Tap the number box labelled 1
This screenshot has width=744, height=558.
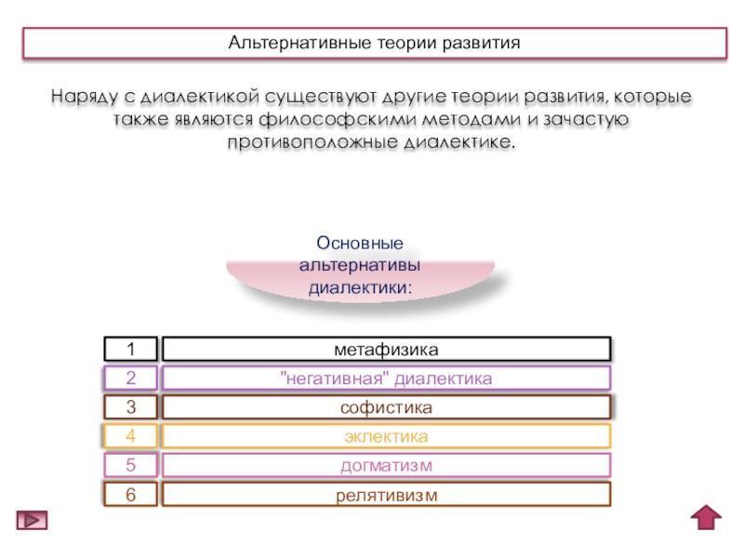click(130, 350)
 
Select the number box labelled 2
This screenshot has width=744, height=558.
click(130, 379)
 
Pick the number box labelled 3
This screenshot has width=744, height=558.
click(130, 407)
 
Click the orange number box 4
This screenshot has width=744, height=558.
click(130, 436)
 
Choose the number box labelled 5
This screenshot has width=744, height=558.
click(130, 465)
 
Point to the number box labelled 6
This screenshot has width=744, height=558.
click(130, 495)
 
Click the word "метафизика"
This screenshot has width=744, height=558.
click(386, 350)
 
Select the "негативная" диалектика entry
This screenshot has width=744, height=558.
click(386, 379)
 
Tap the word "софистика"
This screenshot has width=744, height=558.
click(386, 407)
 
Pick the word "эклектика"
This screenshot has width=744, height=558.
click(386, 436)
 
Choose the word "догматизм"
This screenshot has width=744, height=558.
click(386, 465)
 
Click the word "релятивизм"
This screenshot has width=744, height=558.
click(386, 495)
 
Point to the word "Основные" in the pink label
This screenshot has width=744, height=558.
click(360, 244)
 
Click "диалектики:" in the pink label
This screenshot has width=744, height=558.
click(360, 288)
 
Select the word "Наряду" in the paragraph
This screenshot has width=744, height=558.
click(81, 98)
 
